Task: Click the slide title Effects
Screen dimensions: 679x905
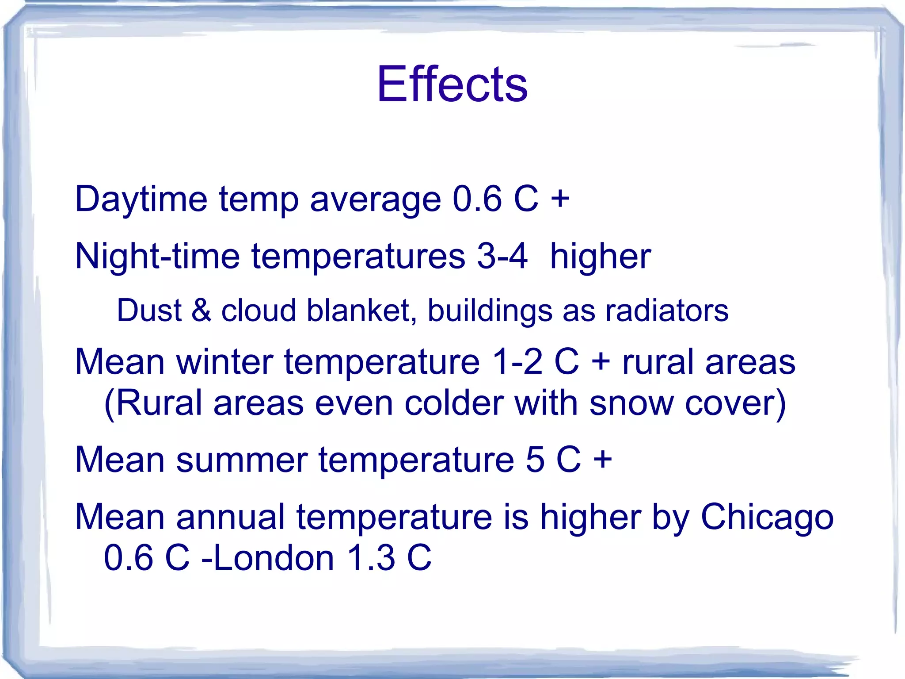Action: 452,84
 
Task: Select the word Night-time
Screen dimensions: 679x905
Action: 157,257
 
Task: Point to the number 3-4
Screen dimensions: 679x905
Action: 502,257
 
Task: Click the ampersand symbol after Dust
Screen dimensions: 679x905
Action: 201,311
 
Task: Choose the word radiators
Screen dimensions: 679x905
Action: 666,311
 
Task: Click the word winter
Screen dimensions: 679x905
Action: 224,362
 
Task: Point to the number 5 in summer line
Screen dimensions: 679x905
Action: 535,460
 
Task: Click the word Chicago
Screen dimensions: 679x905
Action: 767,518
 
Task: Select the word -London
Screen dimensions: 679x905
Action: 267,558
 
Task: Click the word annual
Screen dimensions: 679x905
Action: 230,518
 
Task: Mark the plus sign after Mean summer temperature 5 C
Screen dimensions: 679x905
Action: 602,460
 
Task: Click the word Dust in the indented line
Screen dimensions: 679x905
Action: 149,311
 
